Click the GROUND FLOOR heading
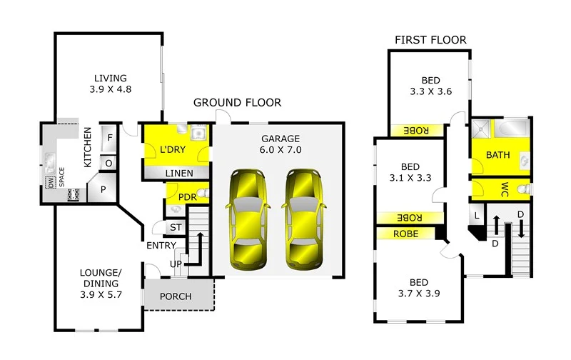click(x=237, y=103)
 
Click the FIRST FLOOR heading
click(x=430, y=40)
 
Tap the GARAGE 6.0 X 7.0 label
click(x=280, y=144)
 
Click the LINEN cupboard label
click(x=178, y=173)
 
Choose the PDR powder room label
click(x=187, y=197)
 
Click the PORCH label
click(x=175, y=296)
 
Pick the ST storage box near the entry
click(x=176, y=228)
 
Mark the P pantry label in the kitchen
click(x=102, y=190)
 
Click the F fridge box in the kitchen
click(x=110, y=138)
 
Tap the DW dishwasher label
click(x=51, y=182)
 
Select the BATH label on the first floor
click(x=497, y=155)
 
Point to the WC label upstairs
click(x=504, y=189)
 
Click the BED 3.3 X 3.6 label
click(x=428, y=86)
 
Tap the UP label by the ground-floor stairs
click(x=176, y=264)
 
